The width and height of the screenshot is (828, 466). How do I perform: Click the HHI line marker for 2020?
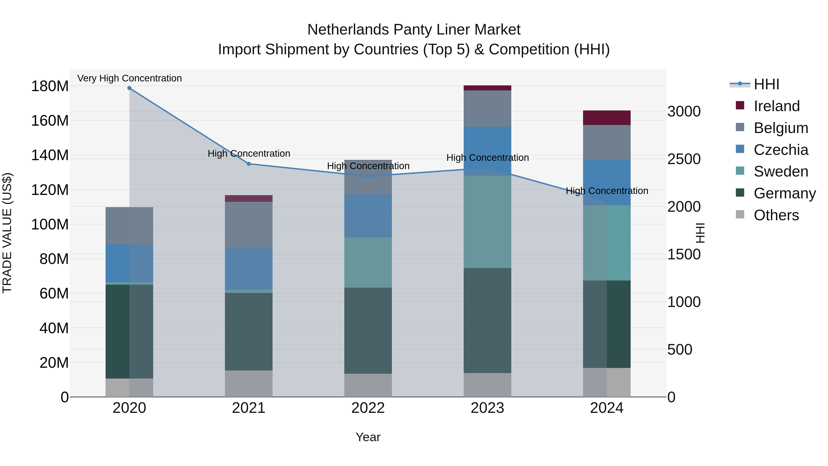tap(129, 88)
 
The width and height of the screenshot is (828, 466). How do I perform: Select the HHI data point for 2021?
tap(248, 164)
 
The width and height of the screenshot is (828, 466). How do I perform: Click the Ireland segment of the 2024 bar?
tap(607, 118)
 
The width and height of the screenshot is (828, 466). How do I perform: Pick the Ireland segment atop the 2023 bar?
tap(487, 88)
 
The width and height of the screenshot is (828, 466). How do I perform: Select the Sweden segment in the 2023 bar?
tap(487, 222)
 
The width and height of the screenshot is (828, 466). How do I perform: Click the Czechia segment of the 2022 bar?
tap(368, 216)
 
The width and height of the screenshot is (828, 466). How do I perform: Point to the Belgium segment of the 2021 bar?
tap(248, 224)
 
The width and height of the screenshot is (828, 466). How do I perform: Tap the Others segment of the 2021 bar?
tap(248, 383)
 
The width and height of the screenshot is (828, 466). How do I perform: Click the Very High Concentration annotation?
tap(129, 78)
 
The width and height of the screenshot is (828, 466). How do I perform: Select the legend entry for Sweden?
tap(780, 171)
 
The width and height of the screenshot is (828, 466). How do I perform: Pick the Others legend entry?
tap(776, 215)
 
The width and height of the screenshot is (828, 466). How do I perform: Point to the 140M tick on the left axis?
tap(50, 155)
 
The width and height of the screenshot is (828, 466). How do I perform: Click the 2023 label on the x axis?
tap(487, 408)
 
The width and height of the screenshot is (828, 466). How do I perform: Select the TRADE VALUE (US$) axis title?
tap(7, 233)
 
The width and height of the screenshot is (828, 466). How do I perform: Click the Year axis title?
tap(368, 437)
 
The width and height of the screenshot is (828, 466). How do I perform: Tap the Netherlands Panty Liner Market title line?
tap(414, 30)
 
